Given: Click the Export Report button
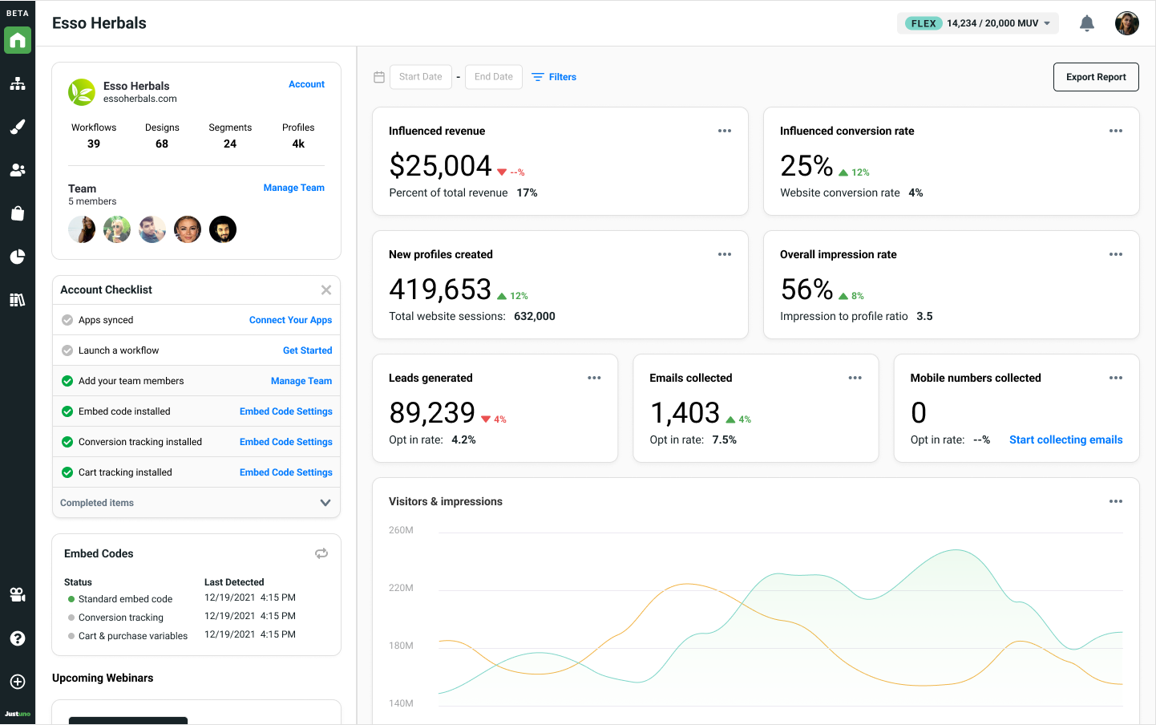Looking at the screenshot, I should [x=1096, y=77].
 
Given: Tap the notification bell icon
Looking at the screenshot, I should [x=1086, y=23].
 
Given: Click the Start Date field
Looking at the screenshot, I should [x=421, y=77].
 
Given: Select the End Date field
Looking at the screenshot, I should [x=494, y=77].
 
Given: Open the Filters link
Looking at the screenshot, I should [x=554, y=77].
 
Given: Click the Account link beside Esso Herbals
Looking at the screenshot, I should [x=306, y=84].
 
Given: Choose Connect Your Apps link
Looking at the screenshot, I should [x=290, y=320].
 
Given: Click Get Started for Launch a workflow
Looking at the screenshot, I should [x=307, y=350].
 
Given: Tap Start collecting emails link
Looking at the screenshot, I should [x=1065, y=439].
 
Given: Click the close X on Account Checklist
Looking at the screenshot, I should [x=325, y=290].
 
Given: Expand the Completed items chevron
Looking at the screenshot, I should [x=325, y=503].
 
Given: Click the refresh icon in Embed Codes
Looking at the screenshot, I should [x=321, y=553].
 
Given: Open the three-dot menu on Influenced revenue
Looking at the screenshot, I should [x=725, y=131].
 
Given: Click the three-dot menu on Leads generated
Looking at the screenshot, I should [x=594, y=378].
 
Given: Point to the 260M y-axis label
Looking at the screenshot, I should [x=401, y=530].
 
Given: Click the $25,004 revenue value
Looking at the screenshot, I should [x=440, y=166].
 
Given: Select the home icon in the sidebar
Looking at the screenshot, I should [x=18, y=40].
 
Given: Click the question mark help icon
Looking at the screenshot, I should [x=18, y=638].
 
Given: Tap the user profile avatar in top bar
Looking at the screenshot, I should [x=1126, y=23].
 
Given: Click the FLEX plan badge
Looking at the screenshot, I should [x=923, y=23].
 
